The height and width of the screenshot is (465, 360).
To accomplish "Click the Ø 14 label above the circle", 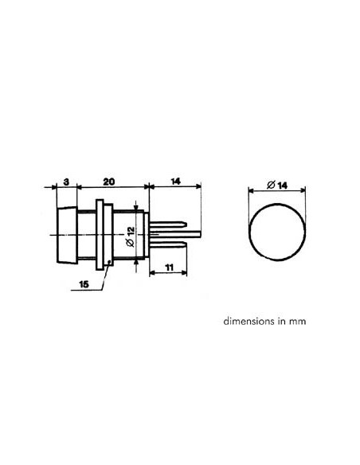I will point(277,185).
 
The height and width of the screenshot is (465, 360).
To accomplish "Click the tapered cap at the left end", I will point(65,236).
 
